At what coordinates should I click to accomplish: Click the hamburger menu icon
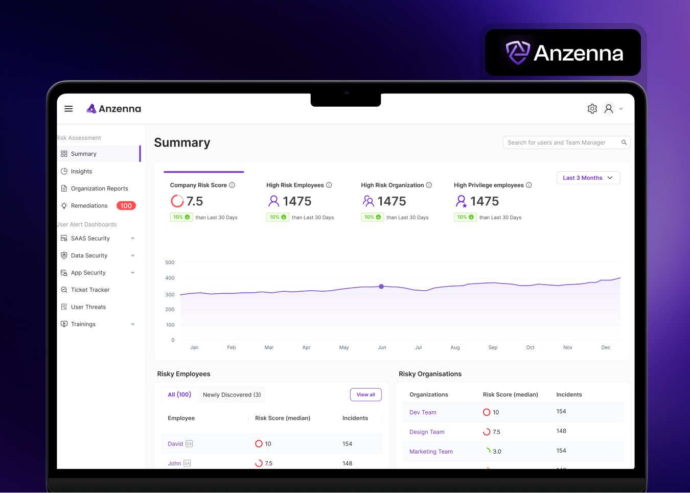(68, 109)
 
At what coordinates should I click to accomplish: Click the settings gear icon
(592, 109)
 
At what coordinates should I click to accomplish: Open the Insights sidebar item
(81, 172)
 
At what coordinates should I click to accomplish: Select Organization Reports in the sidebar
(99, 189)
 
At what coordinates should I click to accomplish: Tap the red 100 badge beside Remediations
(126, 206)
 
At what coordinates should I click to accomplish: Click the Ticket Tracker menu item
(90, 290)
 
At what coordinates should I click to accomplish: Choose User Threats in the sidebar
(88, 307)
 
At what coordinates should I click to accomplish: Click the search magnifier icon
(624, 143)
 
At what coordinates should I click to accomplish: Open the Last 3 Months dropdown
(588, 178)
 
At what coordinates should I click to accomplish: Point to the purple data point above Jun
(381, 287)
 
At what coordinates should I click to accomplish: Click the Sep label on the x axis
(493, 347)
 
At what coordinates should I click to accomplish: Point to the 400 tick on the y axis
(170, 278)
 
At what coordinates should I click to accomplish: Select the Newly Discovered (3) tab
(232, 395)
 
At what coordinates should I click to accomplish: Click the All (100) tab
(179, 395)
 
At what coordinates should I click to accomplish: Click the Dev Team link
(423, 413)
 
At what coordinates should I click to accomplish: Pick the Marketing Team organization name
(431, 452)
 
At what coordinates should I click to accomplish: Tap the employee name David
(175, 444)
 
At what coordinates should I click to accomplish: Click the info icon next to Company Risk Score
(232, 185)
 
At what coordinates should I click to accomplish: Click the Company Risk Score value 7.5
(194, 201)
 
